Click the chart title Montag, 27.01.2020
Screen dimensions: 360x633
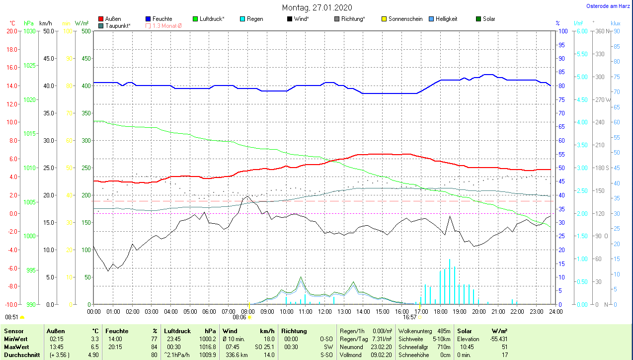[x=316, y=7]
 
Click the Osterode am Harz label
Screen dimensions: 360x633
[x=608, y=6]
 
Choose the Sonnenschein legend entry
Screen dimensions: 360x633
[x=405, y=19]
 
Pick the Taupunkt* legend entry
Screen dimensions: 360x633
[x=118, y=25]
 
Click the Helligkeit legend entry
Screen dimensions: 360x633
[x=446, y=19]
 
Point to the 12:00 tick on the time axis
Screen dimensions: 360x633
[x=324, y=312]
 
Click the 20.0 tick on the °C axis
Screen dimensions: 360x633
[x=11, y=31]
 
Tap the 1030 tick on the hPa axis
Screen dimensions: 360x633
[x=29, y=31]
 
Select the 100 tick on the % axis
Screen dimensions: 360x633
[x=563, y=31]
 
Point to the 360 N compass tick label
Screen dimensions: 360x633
[x=602, y=31]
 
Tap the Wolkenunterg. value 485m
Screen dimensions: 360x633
[x=444, y=331]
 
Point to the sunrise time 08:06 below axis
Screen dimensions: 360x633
[x=239, y=317]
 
